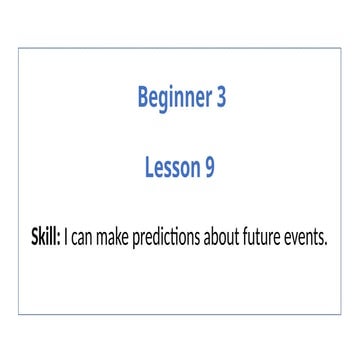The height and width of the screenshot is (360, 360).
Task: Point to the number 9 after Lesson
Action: (209, 169)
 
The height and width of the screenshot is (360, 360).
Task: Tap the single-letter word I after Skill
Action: (68, 239)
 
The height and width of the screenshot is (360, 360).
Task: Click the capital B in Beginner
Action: (142, 98)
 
